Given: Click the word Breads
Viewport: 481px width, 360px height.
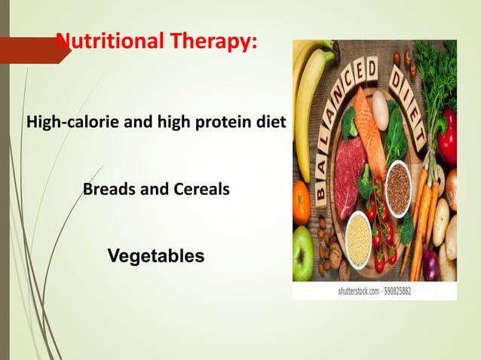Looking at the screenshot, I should (108, 189).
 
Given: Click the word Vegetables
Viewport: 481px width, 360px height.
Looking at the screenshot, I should (156, 256).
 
